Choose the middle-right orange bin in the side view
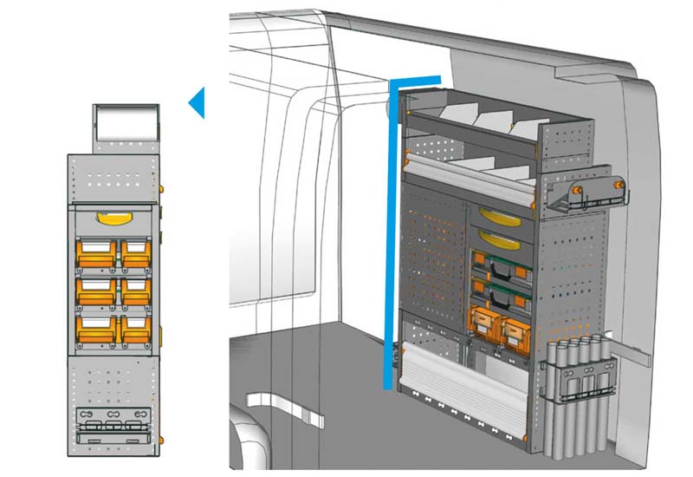[136, 289]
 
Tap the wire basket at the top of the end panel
[582, 195]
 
